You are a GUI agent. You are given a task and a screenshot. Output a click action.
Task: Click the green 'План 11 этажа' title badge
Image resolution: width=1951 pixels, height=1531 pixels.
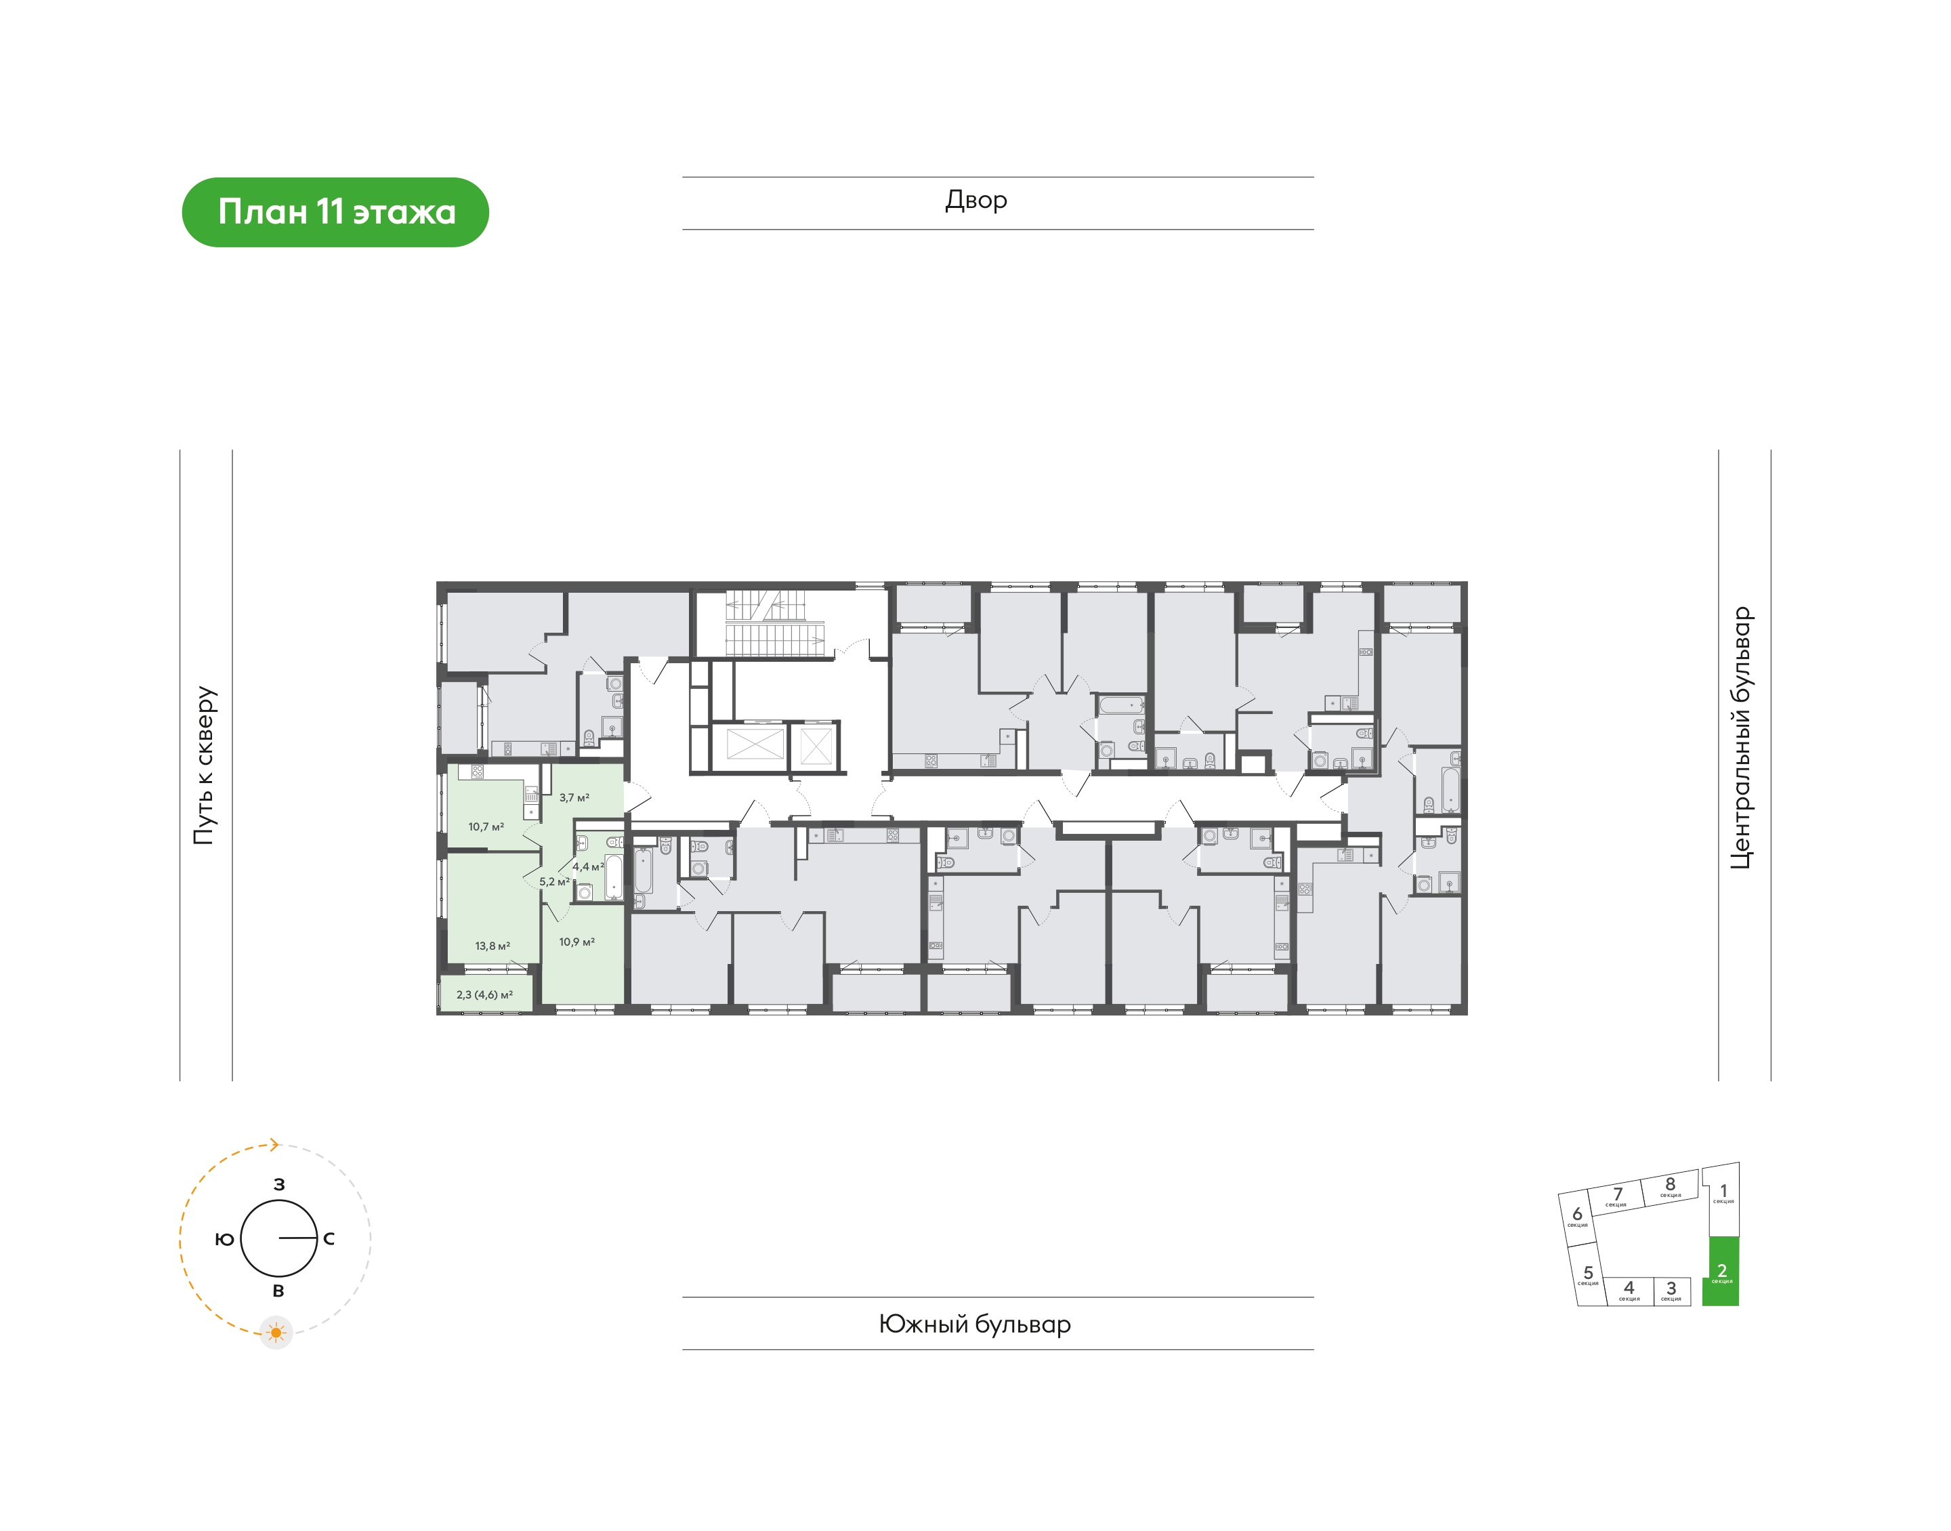[x=335, y=213]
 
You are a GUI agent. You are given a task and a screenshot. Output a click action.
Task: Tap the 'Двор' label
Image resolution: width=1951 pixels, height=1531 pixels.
[x=976, y=200]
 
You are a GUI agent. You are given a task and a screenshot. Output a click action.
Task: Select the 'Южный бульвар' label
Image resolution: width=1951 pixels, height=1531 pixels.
[x=974, y=1324]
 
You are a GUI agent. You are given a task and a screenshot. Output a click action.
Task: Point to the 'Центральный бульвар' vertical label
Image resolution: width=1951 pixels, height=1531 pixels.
[x=1740, y=738]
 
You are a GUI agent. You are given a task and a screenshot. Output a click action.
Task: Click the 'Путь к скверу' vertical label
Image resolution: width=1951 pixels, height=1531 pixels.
[x=205, y=765]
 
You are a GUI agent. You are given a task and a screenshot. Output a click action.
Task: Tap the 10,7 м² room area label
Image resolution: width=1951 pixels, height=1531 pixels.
[x=486, y=826]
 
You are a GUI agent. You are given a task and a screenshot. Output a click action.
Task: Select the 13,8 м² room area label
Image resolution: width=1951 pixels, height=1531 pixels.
[x=492, y=946]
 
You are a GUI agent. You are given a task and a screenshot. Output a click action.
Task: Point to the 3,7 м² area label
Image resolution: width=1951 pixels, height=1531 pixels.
[x=574, y=797]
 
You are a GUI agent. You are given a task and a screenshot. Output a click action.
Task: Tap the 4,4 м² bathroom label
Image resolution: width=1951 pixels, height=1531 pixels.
[x=588, y=867]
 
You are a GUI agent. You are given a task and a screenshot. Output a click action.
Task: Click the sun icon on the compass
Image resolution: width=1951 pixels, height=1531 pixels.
[x=276, y=1333]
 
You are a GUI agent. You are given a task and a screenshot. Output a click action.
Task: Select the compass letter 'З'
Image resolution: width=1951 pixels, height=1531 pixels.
[x=278, y=1184]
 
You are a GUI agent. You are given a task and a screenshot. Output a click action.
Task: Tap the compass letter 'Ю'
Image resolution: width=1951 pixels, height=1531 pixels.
[x=225, y=1239]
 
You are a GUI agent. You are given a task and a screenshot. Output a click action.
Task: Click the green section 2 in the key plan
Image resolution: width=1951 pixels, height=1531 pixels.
[x=1721, y=1271]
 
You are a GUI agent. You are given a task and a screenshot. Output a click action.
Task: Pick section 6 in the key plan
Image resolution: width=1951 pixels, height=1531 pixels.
[x=1577, y=1217]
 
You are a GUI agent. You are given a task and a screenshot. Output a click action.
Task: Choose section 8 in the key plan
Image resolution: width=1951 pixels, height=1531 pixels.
[x=1671, y=1187]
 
